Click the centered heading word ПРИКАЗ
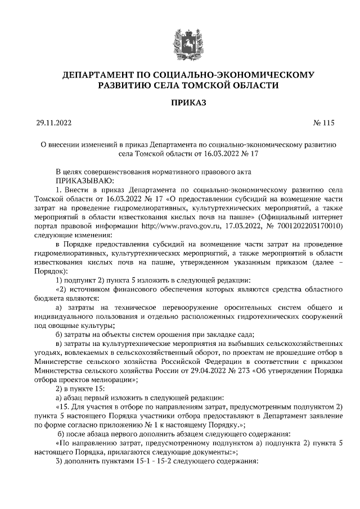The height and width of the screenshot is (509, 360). (x=181, y=103)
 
